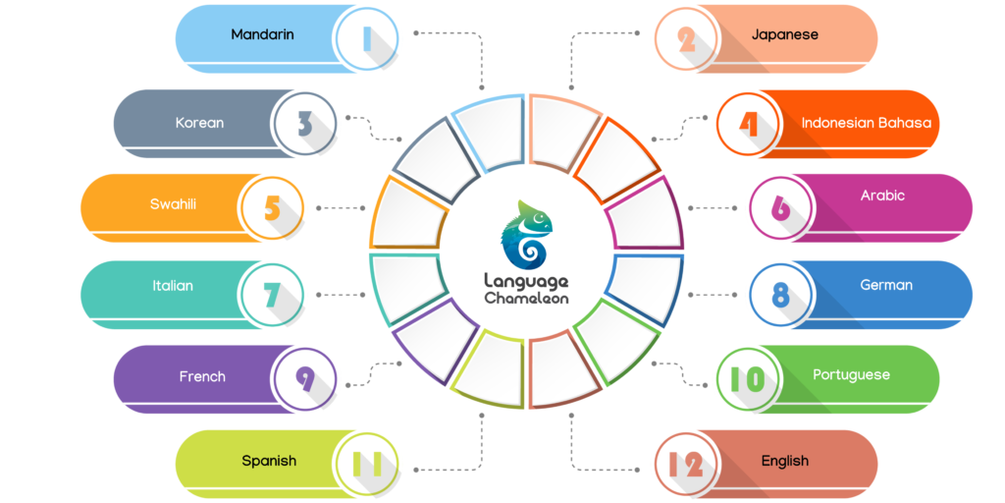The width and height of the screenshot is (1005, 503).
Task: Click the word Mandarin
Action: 262,35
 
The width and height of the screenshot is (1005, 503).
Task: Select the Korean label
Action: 199,124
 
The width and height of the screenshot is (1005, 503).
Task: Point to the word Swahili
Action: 173,204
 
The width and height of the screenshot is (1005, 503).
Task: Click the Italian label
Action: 173,286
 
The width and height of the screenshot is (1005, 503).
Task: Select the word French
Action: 202,376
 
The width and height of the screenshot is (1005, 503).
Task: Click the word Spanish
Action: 269,461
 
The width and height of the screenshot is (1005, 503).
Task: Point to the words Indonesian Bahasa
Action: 866,124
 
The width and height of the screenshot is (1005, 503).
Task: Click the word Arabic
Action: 882,196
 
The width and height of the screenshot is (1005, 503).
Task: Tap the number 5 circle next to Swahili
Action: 273,208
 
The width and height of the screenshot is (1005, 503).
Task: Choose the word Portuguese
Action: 851,375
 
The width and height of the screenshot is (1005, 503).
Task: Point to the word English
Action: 785,461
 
